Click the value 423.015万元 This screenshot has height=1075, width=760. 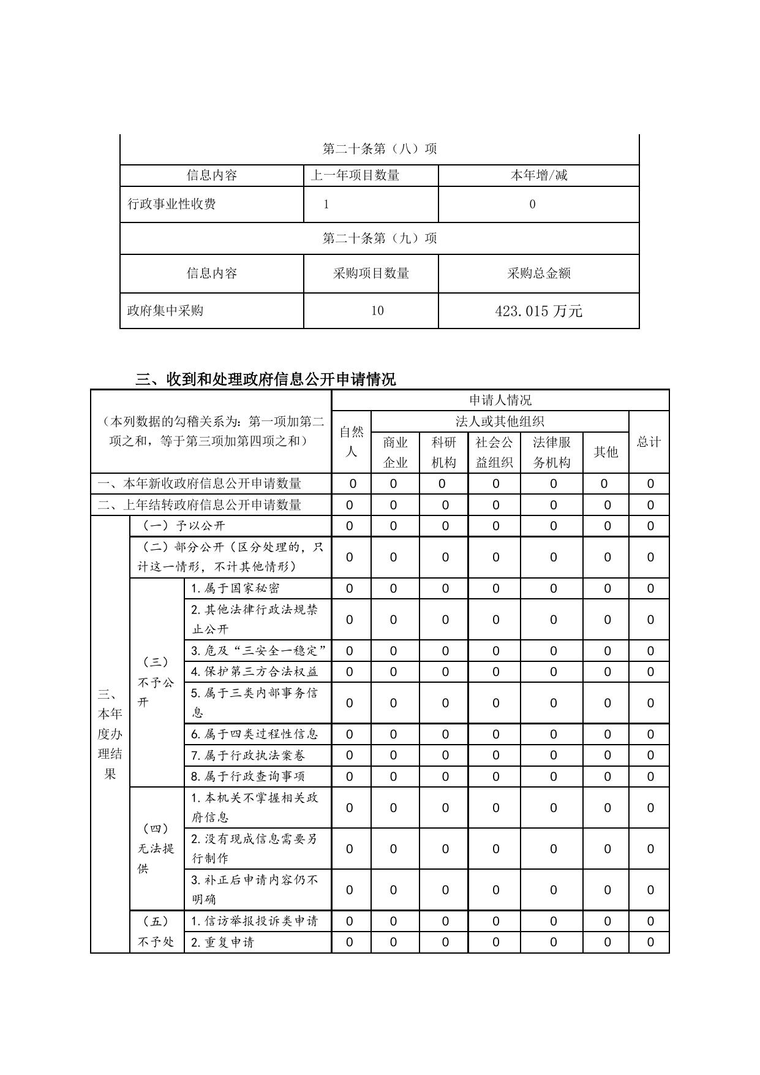point(538,311)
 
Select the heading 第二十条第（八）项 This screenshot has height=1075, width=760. point(380,149)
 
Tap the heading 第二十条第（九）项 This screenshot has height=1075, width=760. point(380,238)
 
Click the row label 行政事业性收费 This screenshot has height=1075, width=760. point(171,204)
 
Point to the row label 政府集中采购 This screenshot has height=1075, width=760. point(165,311)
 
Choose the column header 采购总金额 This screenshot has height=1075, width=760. point(539,273)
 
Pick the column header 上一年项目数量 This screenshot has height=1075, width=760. point(355,175)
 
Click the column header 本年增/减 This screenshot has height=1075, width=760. point(539,175)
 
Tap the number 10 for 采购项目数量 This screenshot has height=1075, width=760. point(377,311)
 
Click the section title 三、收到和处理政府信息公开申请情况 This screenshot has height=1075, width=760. point(265,379)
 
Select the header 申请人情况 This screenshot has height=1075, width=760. point(500,400)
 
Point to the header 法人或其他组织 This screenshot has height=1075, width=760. point(500,422)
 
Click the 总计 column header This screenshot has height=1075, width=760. point(649,442)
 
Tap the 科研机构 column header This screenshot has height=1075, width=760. point(443,452)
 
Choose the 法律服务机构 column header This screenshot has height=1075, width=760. point(552,452)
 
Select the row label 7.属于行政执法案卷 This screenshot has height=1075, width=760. point(248,755)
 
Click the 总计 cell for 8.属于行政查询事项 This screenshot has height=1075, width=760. point(650,777)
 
